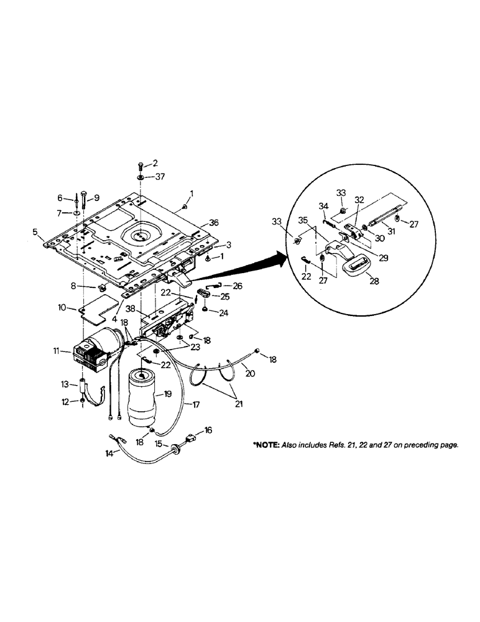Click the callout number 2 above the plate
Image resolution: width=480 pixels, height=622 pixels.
coord(155,162)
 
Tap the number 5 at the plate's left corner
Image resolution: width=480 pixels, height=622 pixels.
coord(35,233)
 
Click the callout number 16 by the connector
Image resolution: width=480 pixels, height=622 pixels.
coord(208,430)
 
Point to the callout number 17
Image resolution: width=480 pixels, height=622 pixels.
coord(196,404)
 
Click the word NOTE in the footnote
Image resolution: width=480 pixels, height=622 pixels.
coord(269,445)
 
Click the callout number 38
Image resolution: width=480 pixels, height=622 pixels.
coord(130,309)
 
